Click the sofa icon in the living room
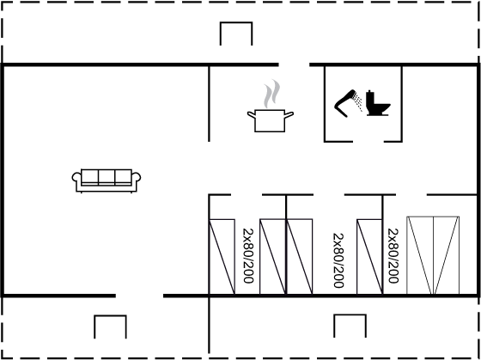pos(107,180)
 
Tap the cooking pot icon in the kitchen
pos(271,120)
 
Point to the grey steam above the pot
pos(272,94)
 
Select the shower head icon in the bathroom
pos(348,103)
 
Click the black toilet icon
pos(378,103)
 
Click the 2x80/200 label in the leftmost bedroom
pos(248,256)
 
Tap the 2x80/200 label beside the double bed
pos(393,256)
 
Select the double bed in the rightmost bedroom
pos(433,255)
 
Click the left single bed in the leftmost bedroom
pos(222,257)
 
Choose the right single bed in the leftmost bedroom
pos(273,257)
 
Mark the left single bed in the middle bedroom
pos(300,257)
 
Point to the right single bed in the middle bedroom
pos(369,257)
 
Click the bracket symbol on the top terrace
pos(236,22)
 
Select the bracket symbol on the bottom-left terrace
pos(110,316)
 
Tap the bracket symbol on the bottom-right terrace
pos(350,314)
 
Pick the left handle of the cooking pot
pos(251,115)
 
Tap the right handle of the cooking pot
pos(289,115)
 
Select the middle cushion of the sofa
pos(107,177)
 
